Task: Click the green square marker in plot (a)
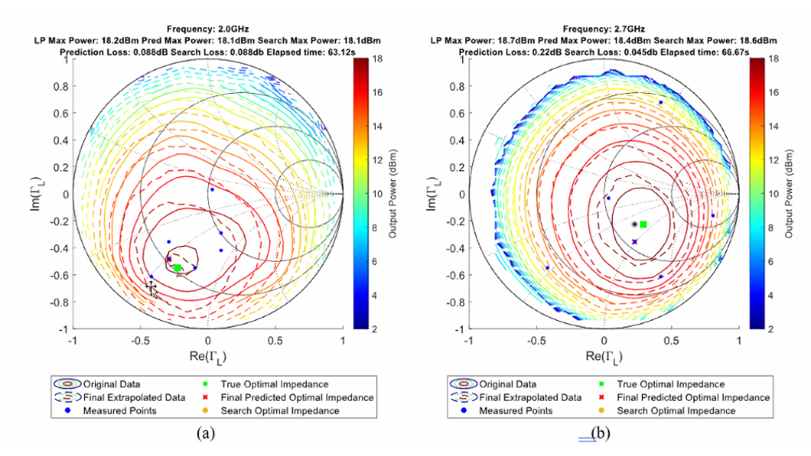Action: click(x=177, y=268)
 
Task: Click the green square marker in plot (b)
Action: click(x=643, y=224)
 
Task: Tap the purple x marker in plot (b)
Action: click(x=635, y=242)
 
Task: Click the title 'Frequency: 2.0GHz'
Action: click(x=208, y=29)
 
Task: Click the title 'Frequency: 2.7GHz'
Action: click(x=604, y=29)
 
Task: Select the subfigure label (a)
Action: click(x=206, y=434)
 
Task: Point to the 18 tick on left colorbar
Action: click(x=378, y=59)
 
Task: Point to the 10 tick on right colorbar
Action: click(x=773, y=194)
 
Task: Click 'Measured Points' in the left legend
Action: click(x=120, y=411)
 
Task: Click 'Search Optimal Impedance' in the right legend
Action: click(x=676, y=411)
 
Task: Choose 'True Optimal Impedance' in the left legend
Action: click(x=274, y=384)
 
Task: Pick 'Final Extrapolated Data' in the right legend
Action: click(x=530, y=398)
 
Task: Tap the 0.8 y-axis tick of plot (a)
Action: click(x=61, y=86)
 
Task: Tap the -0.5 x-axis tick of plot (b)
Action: click(x=536, y=341)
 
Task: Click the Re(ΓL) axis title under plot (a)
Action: click(x=208, y=357)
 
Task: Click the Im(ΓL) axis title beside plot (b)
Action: click(x=431, y=194)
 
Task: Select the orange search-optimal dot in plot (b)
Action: click(x=634, y=224)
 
